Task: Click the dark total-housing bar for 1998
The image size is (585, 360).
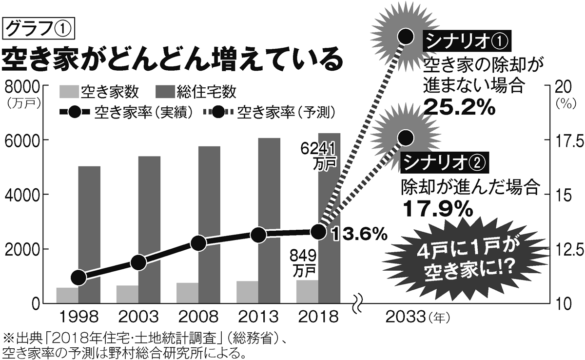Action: tap(89, 234)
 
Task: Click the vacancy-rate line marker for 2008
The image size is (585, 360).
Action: tap(198, 243)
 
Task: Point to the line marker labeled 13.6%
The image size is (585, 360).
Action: tap(318, 232)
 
